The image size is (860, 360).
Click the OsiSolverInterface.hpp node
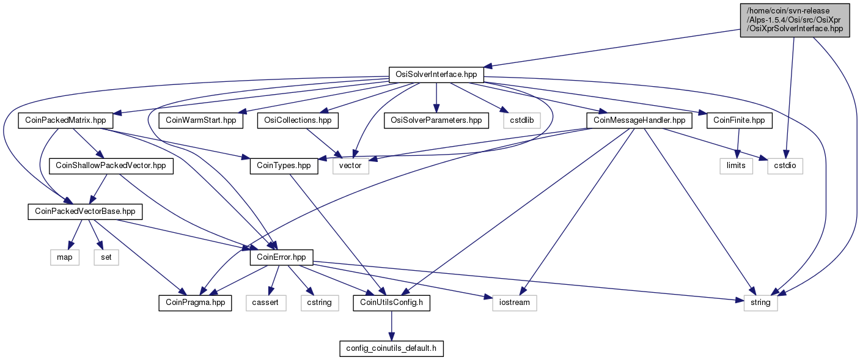(436, 75)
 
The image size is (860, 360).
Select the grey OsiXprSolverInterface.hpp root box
(795, 20)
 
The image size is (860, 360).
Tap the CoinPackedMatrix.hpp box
(65, 120)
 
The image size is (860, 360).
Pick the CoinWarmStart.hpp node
(201, 120)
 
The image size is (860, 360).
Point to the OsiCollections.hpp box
(298, 120)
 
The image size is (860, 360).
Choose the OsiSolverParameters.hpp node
(436, 120)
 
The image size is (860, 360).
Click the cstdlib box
(522, 120)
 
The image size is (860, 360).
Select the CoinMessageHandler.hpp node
(639, 120)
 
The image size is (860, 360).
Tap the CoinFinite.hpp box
(739, 120)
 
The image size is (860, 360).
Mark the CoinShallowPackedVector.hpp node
(111, 166)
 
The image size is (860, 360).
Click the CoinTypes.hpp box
(284, 166)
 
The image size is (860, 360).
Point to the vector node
(350, 166)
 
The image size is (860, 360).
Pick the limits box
(736, 166)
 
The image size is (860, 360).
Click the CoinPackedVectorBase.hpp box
(85, 212)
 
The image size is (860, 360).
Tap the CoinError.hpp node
(281, 257)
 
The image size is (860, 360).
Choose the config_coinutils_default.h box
(391, 348)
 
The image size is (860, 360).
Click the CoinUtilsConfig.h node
(391, 303)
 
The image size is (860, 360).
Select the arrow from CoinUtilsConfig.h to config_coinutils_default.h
(391, 326)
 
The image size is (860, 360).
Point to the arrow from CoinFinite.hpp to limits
(738, 144)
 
